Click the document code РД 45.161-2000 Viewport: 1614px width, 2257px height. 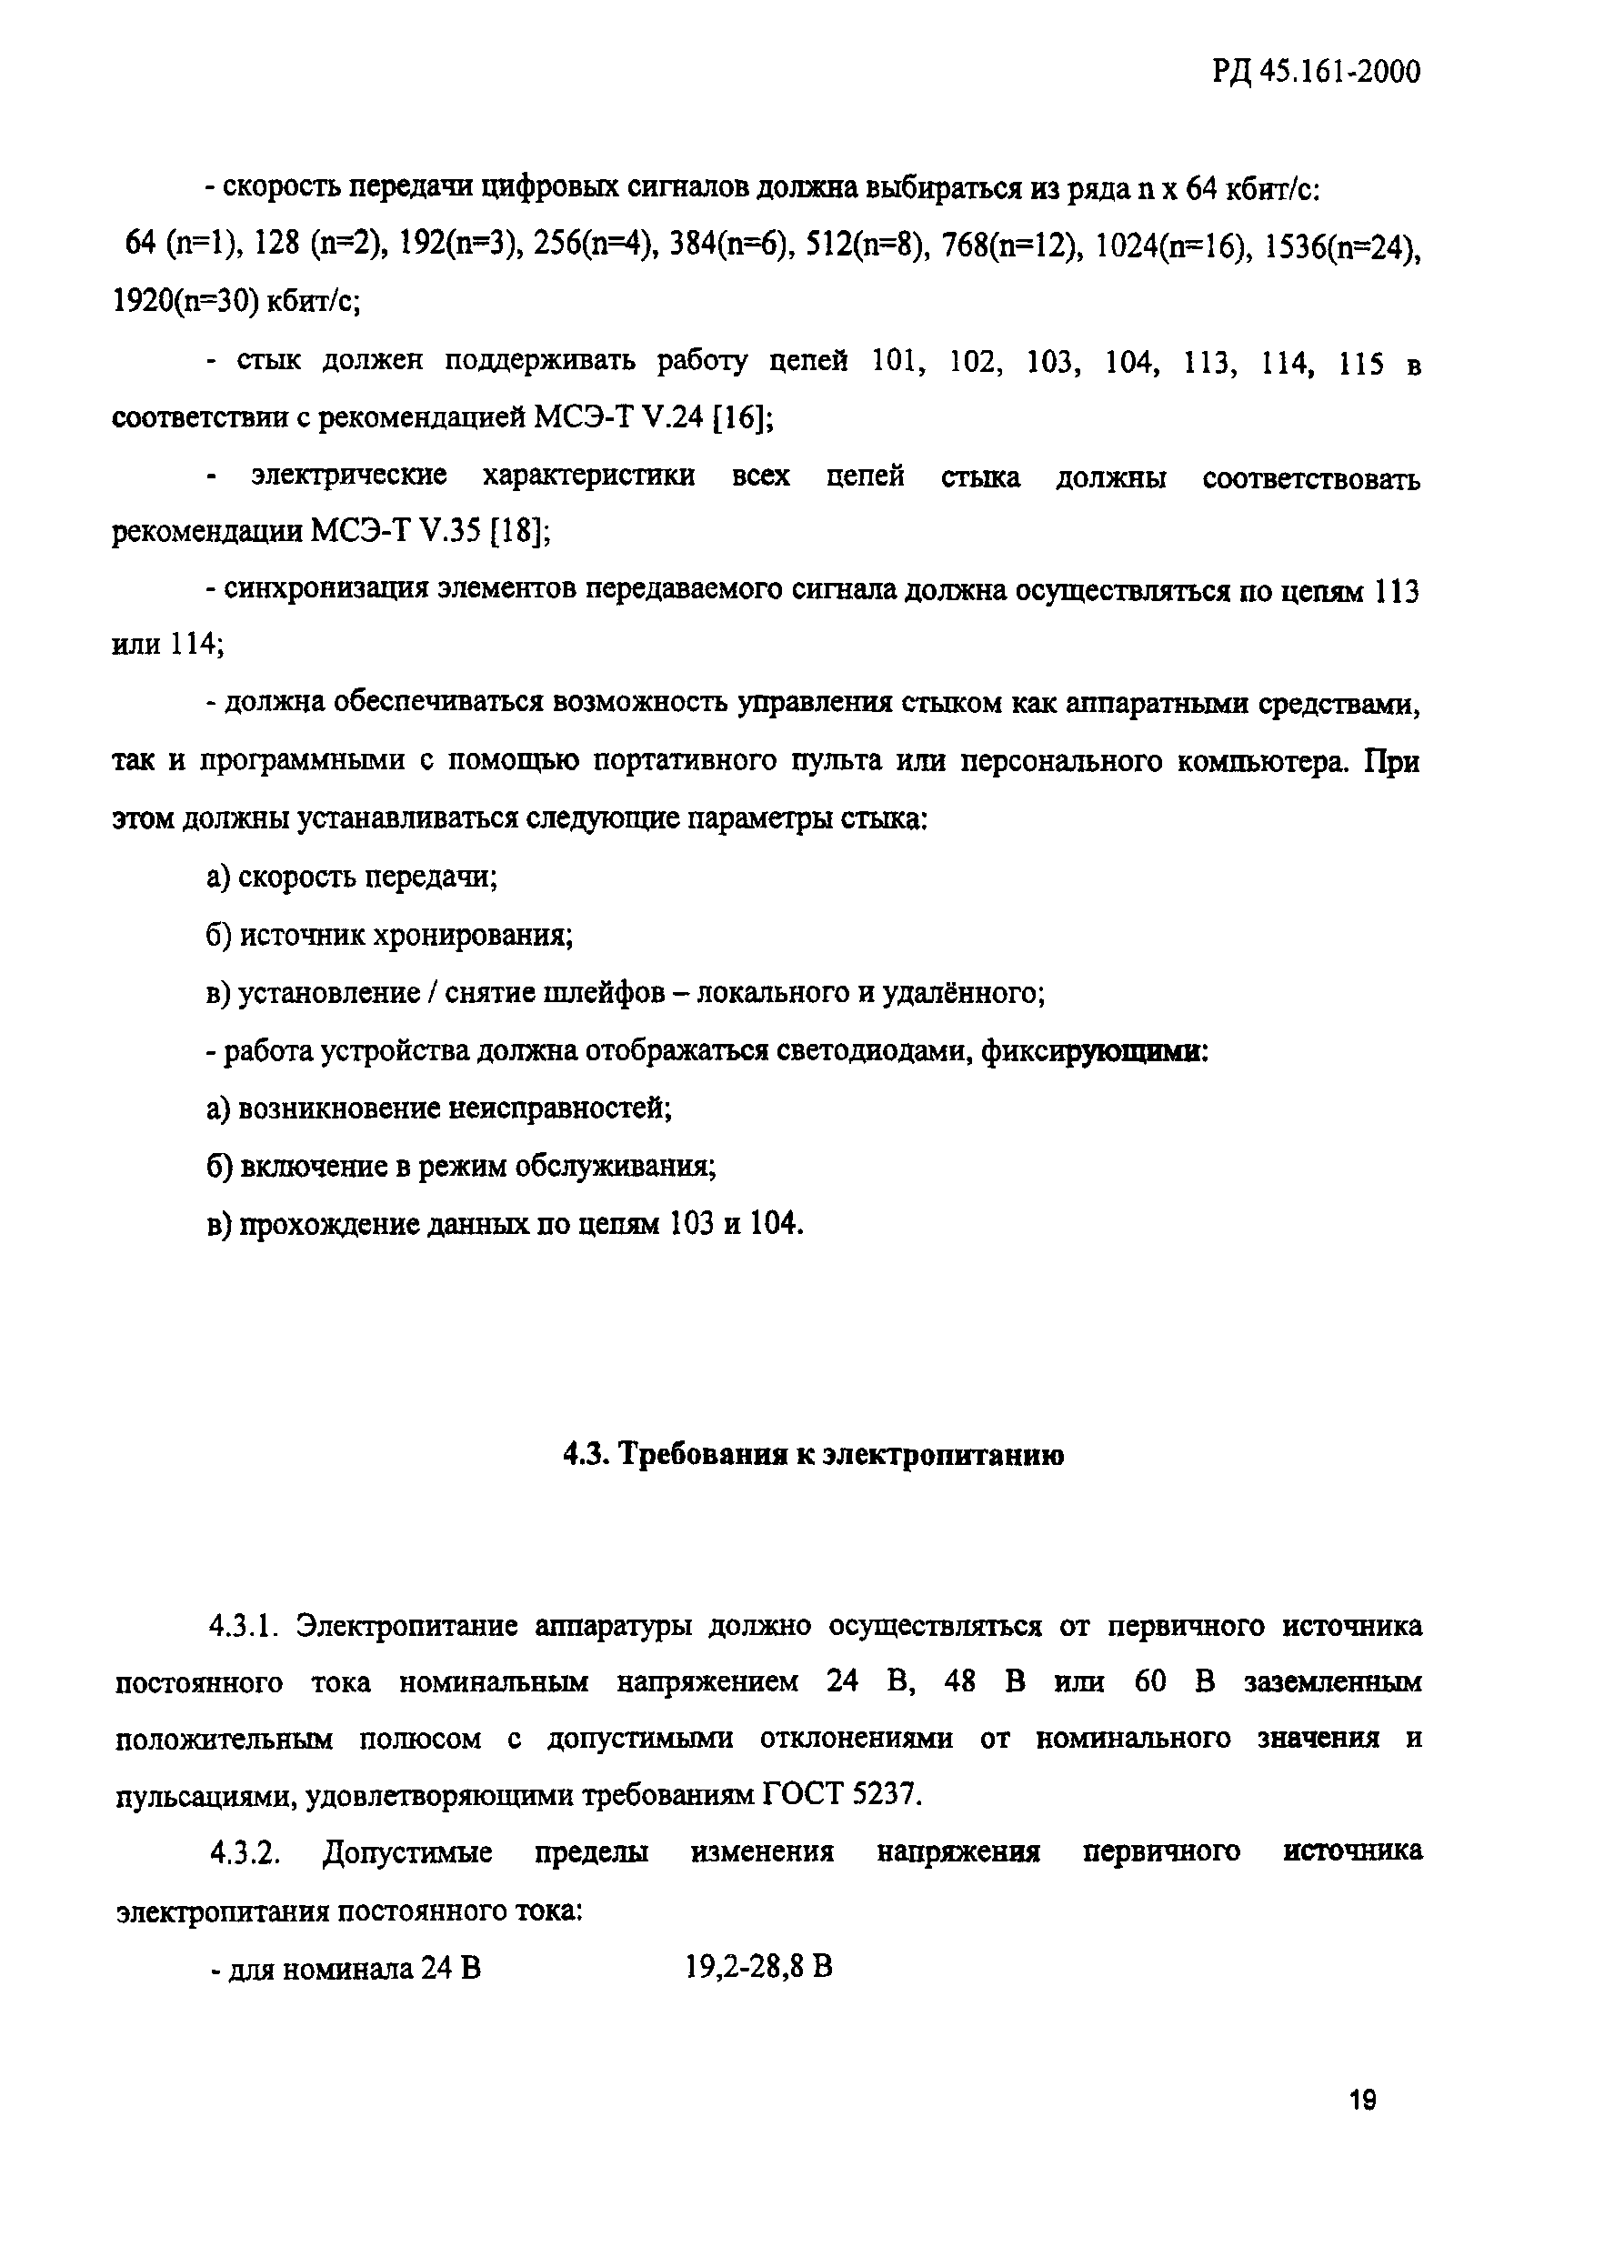point(1315,72)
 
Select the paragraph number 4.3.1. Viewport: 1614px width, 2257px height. point(245,1626)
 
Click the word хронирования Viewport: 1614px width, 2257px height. point(471,935)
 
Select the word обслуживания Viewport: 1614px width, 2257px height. point(613,1166)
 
